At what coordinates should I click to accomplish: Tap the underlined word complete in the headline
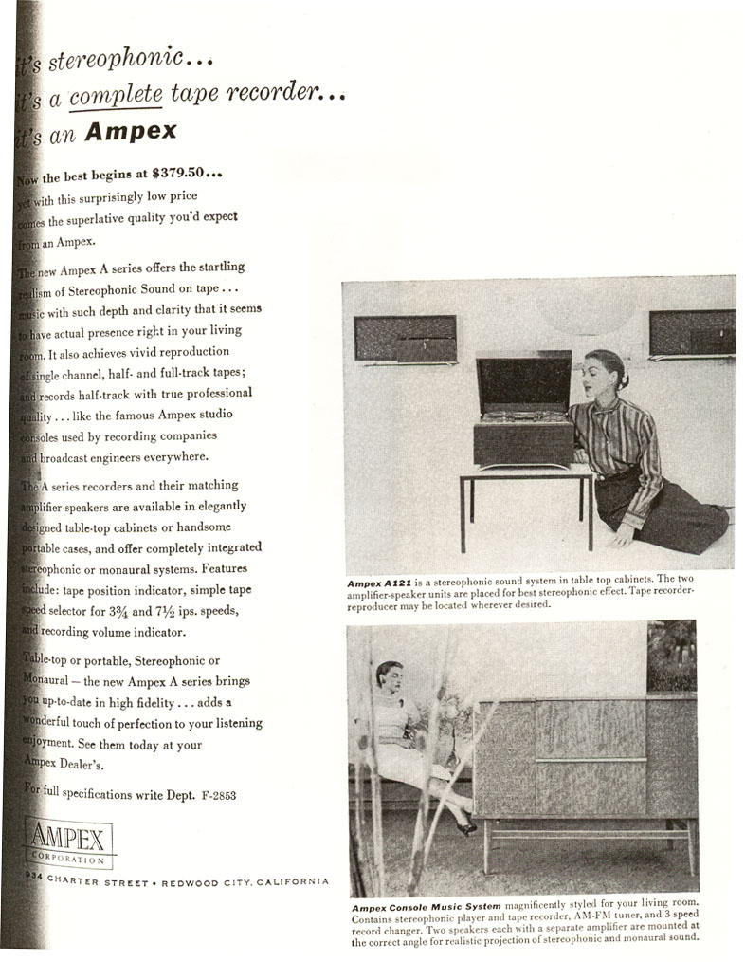click(x=118, y=94)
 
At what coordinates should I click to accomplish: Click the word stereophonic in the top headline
click(x=116, y=59)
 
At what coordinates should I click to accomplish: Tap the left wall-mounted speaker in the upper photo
click(x=405, y=338)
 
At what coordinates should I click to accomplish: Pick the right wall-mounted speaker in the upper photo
click(x=692, y=333)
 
